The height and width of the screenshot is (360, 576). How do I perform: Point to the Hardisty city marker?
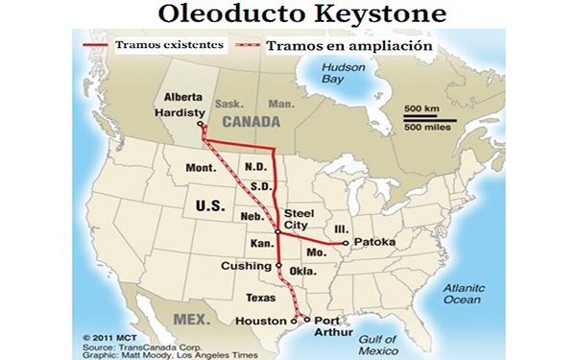point(201,125)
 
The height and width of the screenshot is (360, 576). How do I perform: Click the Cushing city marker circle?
point(278,265)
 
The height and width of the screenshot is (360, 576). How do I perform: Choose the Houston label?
point(261,321)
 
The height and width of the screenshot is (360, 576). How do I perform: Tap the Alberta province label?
point(183,97)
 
